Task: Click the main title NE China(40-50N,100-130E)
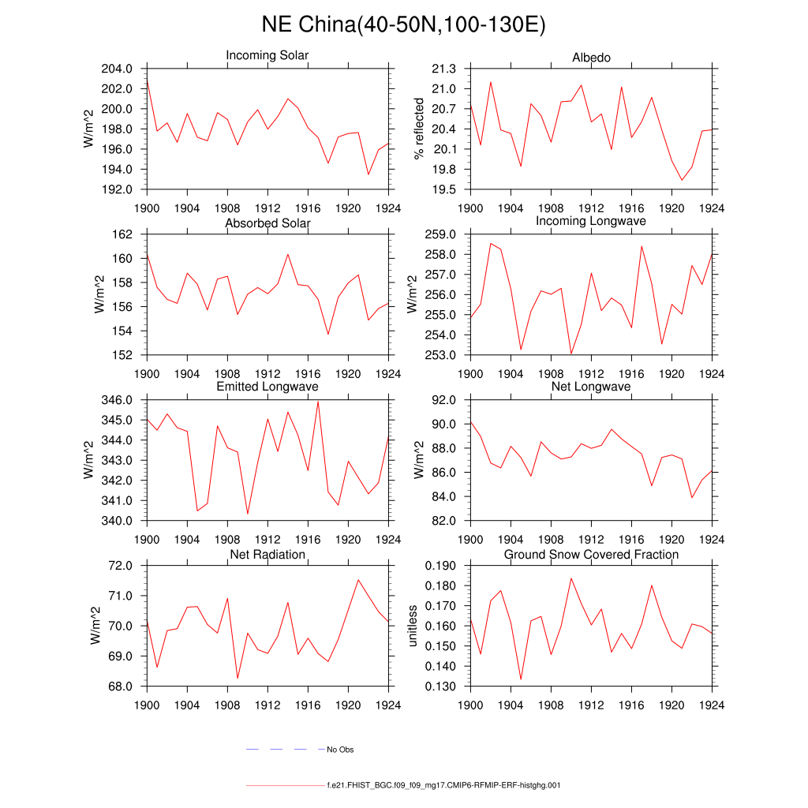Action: click(403, 25)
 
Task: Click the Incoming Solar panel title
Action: click(267, 56)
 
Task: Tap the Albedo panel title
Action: click(591, 58)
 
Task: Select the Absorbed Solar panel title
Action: click(267, 223)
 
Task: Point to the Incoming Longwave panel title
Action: click(591, 221)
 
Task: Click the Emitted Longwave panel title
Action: click(267, 387)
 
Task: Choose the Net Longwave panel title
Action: click(591, 387)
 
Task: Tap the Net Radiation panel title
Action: click(267, 555)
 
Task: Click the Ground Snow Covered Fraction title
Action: click(591, 555)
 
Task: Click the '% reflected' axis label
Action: click(419, 129)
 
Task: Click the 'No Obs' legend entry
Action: click(346, 750)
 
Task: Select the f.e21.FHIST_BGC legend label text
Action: click(443, 786)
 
